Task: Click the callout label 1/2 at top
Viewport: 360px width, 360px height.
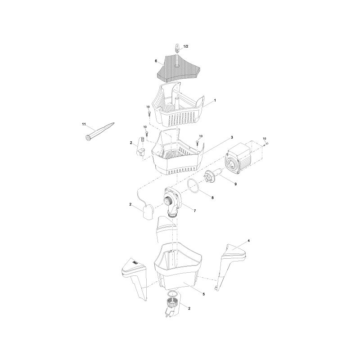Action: coord(185,46)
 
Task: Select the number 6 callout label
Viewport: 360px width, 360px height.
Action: coord(156,61)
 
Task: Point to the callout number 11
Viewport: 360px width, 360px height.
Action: coord(84,124)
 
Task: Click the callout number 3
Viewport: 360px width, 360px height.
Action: coord(232,137)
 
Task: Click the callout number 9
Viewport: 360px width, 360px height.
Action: coord(235,184)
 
